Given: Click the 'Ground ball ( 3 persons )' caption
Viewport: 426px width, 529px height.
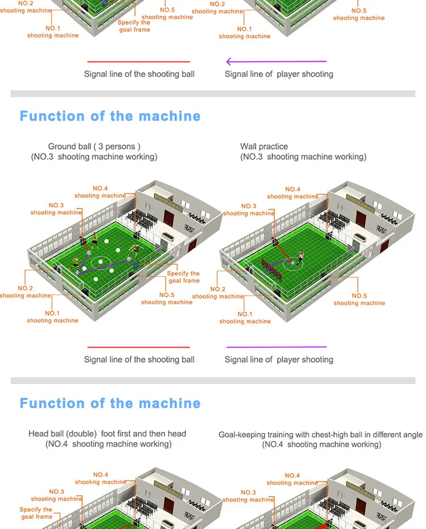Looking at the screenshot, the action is [x=94, y=147].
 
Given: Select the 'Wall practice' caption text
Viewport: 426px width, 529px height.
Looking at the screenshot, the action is [x=264, y=147].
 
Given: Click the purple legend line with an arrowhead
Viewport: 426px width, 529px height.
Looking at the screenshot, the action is [x=276, y=61].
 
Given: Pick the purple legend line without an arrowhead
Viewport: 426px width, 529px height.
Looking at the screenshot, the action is [x=276, y=347].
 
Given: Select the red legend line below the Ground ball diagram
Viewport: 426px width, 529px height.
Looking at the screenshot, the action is [x=138, y=347].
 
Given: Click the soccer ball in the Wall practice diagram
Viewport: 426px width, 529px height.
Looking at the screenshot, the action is [x=293, y=263].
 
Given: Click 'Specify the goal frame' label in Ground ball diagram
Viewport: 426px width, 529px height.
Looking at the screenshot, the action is [x=183, y=277].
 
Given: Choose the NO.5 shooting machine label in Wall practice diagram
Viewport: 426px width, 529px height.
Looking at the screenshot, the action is [x=359, y=299].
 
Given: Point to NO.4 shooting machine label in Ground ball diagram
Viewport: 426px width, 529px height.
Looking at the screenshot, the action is [x=100, y=192].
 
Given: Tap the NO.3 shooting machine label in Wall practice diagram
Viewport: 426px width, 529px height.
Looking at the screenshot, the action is [x=249, y=210].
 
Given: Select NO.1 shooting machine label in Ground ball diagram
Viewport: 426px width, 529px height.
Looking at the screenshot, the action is [x=52, y=317].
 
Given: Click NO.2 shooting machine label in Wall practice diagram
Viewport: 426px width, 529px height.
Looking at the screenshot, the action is [x=218, y=293].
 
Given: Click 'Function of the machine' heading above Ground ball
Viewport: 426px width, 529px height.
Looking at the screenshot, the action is [x=110, y=116].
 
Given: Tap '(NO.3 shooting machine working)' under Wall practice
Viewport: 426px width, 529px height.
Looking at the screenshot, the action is [x=303, y=157].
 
